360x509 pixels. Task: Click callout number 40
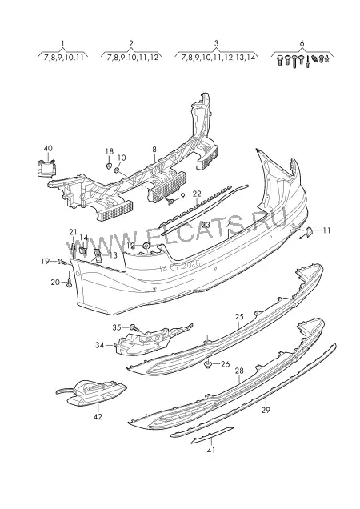(x=48, y=148)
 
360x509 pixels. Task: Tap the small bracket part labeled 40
(x=46, y=169)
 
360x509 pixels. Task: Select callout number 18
(x=110, y=151)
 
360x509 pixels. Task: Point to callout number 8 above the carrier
(x=154, y=150)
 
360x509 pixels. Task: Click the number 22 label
(x=197, y=194)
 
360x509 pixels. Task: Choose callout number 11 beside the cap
(x=326, y=230)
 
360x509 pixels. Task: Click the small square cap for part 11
(x=308, y=232)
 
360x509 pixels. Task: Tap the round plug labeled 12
(x=146, y=246)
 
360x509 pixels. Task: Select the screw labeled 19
(x=62, y=261)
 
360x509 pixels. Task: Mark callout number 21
(x=74, y=232)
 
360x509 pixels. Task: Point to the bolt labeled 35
(x=134, y=327)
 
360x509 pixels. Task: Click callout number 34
(x=100, y=345)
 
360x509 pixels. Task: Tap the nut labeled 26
(x=208, y=365)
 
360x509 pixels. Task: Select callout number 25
(x=239, y=316)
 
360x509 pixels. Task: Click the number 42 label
(x=98, y=416)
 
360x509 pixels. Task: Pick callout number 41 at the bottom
(x=211, y=451)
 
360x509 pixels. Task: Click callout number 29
(x=266, y=410)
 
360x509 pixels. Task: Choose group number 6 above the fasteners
(x=302, y=43)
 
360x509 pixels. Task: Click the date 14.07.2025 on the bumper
(x=179, y=267)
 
